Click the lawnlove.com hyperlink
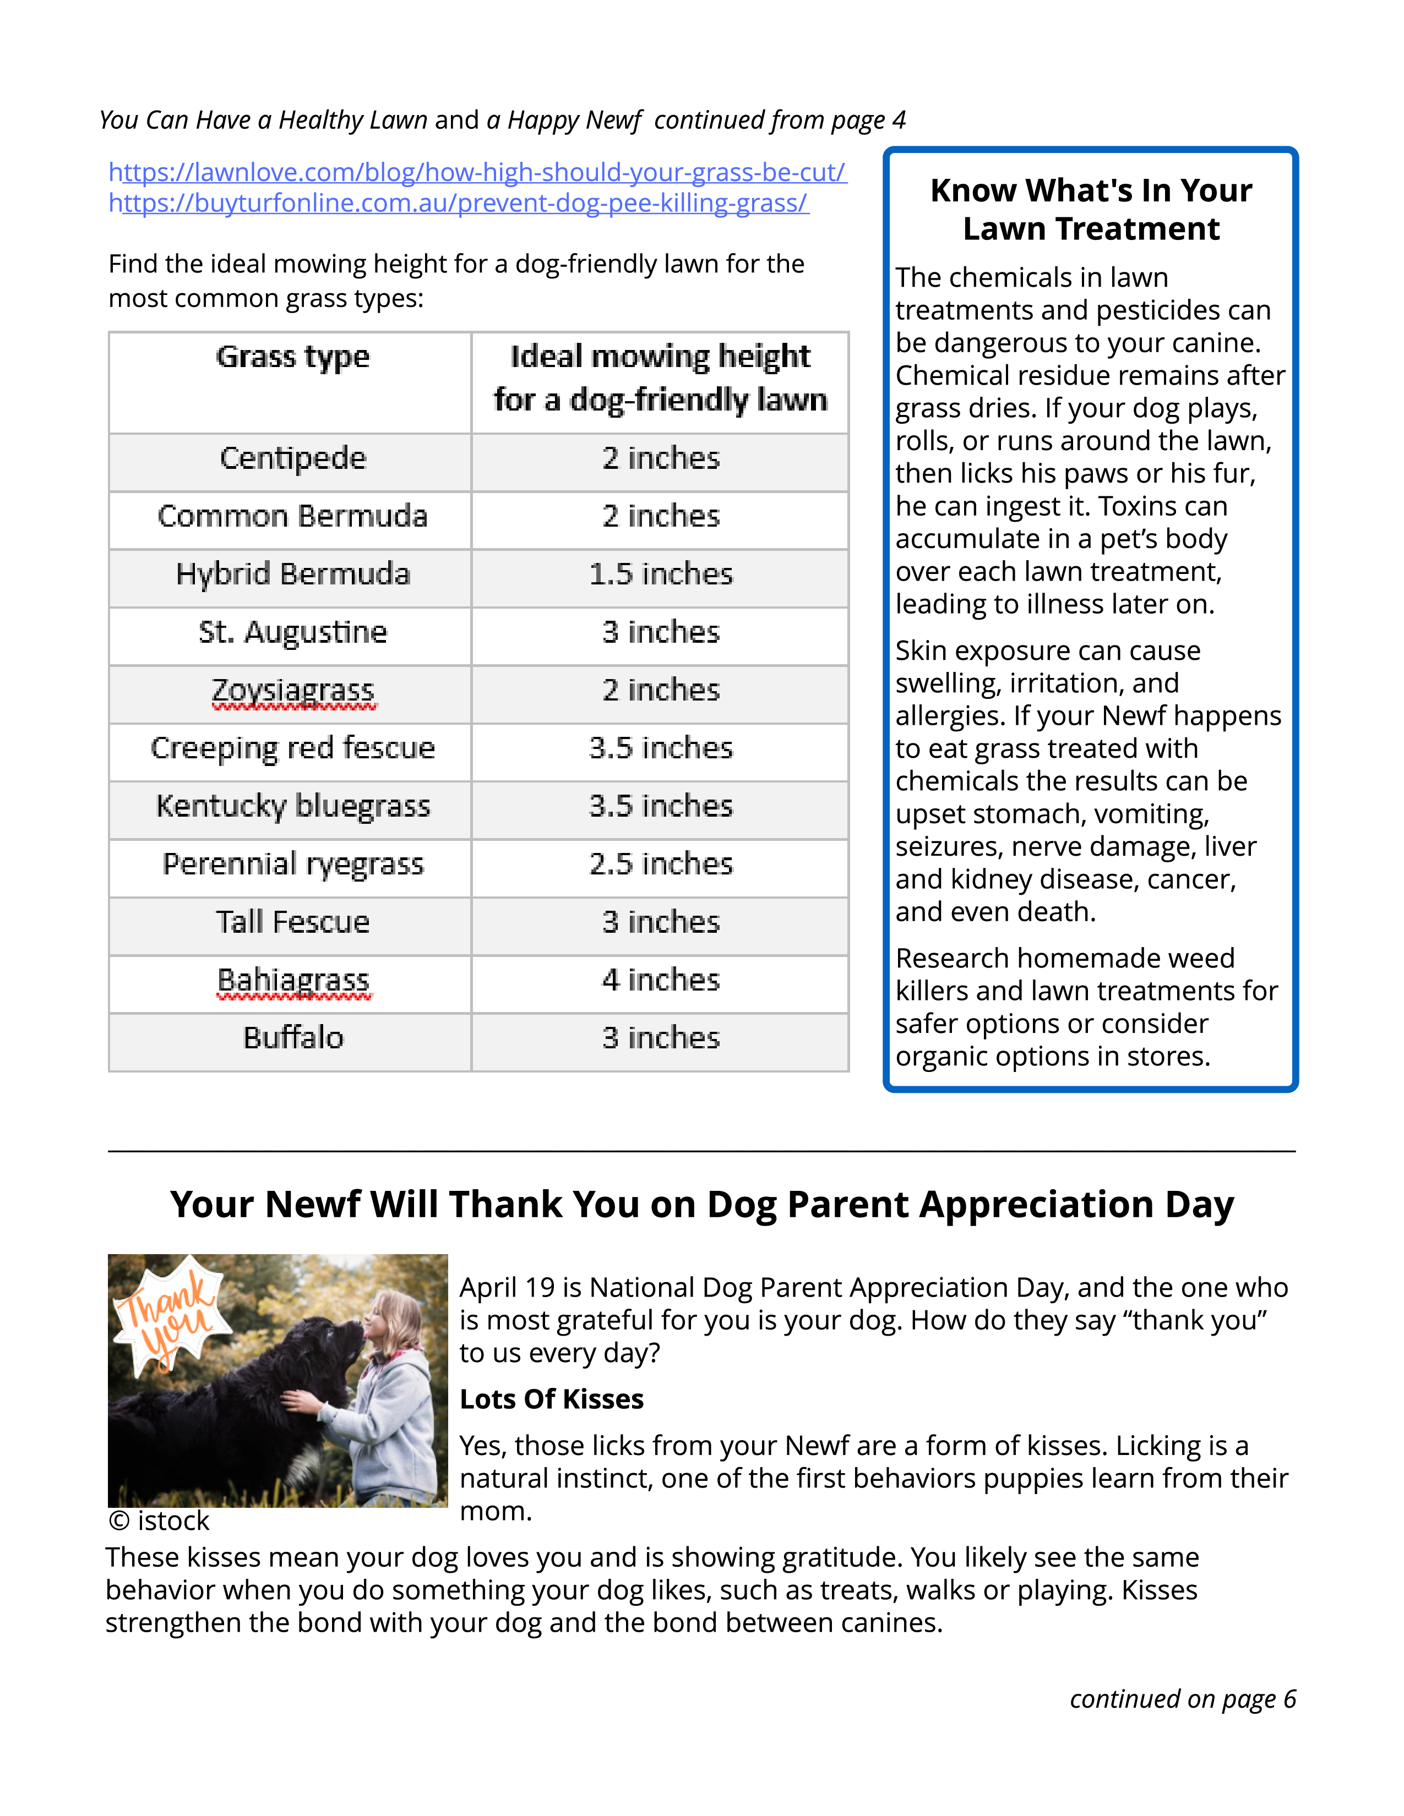pyautogui.click(x=477, y=172)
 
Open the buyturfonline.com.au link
pyautogui.click(x=458, y=203)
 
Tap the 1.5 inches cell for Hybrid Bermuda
pyautogui.click(x=660, y=574)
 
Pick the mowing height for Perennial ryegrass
pyautogui.click(x=660, y=864)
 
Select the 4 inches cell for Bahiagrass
pyautogui.click(x=660, y=980)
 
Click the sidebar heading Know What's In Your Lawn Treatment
pyautogui.click(x=1090, y=210)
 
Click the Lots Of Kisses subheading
pyautogui.click(x=552, y=1399)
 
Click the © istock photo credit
pyautogui.click(x=159, y=1521)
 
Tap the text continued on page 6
pyautogui.click(x=1182, y=1699)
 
